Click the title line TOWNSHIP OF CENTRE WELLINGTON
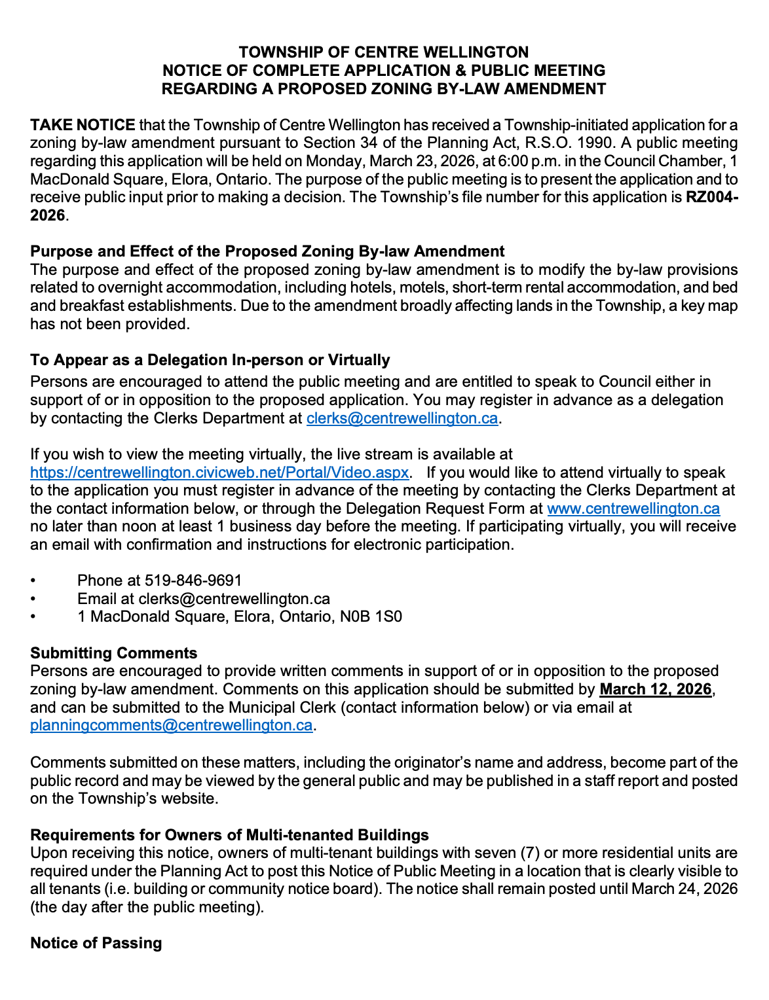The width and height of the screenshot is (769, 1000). (x=383, y=52)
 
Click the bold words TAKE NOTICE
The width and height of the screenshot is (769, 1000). (x=83, y=125)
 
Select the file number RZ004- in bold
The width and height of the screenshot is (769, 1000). (x=711, y=198)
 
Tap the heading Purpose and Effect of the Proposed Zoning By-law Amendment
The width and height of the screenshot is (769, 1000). (x=267, y=251)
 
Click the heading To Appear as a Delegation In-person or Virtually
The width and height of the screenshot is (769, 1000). (x=210, y=360)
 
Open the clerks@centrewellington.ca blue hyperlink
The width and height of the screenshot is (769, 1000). (x=402, y=418)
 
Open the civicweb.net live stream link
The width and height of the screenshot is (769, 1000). (x=219, y=473)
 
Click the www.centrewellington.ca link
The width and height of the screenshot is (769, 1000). (x=633, y=509)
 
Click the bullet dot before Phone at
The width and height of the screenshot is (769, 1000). (x=33, y=581)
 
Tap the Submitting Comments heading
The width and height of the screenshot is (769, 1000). (x=114, y=653)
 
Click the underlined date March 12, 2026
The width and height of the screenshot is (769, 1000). (x=655, y=689)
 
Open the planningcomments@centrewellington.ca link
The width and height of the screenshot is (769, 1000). (x=171, y=725)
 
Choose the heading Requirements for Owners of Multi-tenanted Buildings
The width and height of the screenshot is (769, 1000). (x=229, y=835)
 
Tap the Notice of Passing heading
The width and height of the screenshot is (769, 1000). (x=96, y=943)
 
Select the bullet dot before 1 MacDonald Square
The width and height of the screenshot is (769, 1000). (x=33, y=617)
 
